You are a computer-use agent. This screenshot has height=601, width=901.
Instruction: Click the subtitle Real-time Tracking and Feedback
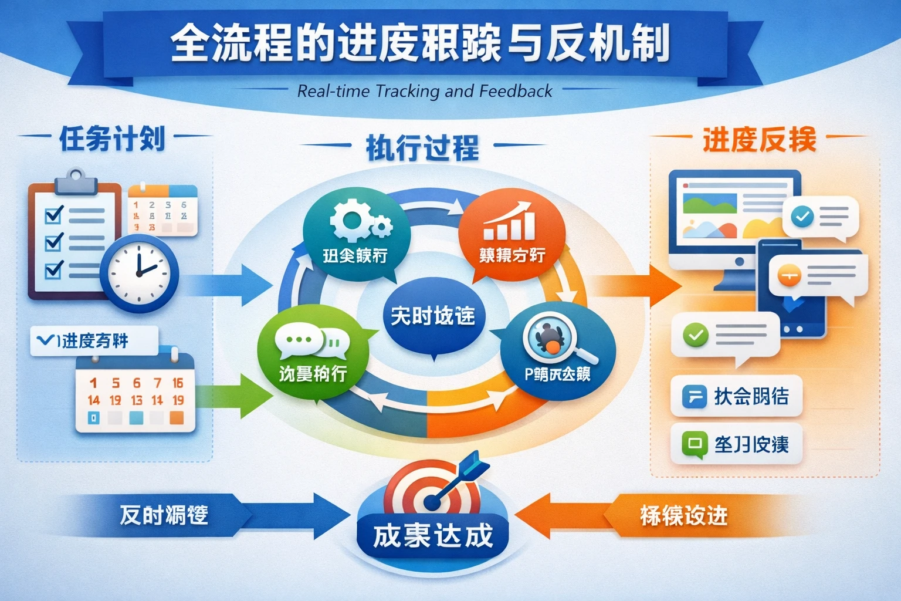tap(424, 91)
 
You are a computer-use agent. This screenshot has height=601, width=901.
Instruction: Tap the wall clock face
tap(140, 274)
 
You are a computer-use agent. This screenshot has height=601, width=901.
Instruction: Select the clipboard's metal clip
tap(75, 181)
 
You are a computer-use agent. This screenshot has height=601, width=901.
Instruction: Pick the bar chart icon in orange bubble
tap(509, 221)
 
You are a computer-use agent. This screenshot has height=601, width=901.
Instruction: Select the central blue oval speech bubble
tap(432, 318)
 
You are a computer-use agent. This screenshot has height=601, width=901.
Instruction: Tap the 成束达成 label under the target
tap(433, 535)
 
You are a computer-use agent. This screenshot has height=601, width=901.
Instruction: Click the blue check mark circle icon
tap(802, 217)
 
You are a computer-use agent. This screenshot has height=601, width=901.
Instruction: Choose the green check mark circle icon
tap(696, 335)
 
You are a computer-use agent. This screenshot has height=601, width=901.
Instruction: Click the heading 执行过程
tap(422, 147)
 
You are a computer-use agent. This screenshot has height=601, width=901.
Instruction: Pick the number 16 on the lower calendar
tap(178, 383)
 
